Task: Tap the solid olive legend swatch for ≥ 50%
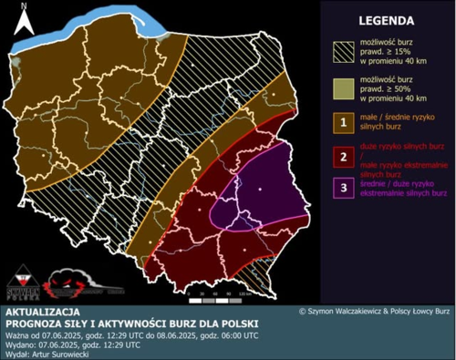click(x=343, y=87)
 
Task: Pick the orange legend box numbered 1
click(x=343, y=122)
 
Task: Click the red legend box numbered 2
click(x=343, y=156)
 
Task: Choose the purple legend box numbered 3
click(x=343, y=190)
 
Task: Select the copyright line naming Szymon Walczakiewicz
click(x=375, y=312)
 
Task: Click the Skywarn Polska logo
click(x=26, y=281)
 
